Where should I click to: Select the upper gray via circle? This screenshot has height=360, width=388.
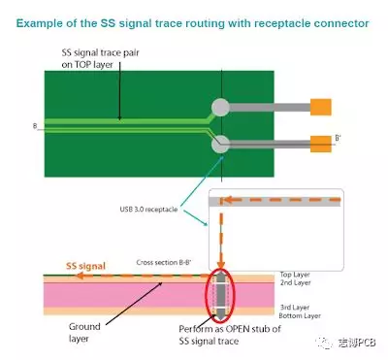pyautogui.click(x=222, y=107)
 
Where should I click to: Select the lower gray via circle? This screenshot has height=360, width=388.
pyautogui.click(x=222, y=145)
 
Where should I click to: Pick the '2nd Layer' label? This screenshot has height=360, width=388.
pyautogui.click(x=294, y=283)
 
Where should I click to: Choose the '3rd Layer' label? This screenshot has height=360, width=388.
pyautogui.click(x=294, y=307)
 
